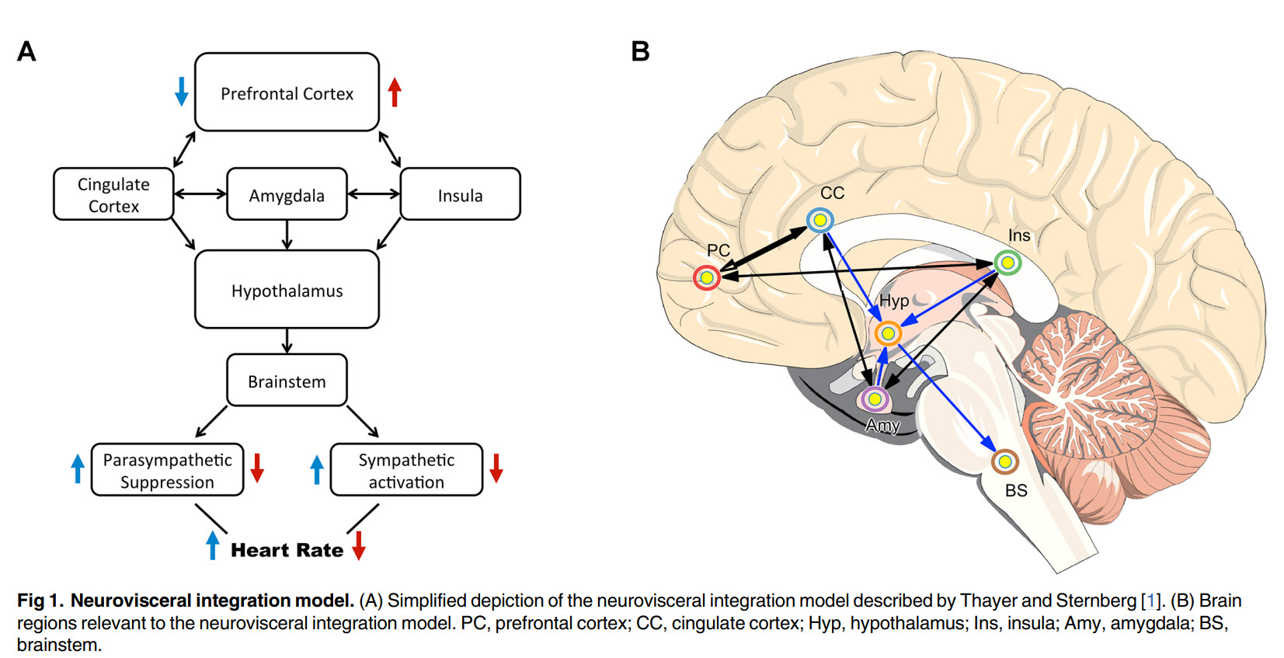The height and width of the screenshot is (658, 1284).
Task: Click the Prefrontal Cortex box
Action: point(287,92)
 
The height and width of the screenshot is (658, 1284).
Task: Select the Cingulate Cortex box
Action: point(113,194)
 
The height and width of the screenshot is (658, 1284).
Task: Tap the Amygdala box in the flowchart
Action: point(287,194)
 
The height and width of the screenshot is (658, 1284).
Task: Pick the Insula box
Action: point(460,194)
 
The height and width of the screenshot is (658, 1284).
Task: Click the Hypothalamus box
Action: point(287,290)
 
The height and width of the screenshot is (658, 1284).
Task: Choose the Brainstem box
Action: point(287,381)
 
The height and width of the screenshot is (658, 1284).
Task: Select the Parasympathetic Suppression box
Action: point(167,470)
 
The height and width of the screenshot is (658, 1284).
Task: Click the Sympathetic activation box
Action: point(406,470)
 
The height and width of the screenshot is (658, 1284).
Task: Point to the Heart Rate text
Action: point(287,550)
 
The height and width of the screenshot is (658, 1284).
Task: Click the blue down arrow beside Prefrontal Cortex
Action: point(181,91)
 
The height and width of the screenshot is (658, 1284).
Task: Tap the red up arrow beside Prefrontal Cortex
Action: point(395,92)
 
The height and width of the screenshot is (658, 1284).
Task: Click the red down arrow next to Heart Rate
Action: point(358,545)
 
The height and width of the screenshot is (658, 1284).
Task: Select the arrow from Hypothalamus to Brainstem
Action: point(287,340)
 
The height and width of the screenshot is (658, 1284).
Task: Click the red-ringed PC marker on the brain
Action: point(707,277)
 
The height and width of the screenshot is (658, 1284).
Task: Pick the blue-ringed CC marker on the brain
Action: point(819,220)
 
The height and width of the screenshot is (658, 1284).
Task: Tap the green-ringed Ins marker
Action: point(1007,263)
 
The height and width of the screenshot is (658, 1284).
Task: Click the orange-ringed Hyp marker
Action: point(887,333)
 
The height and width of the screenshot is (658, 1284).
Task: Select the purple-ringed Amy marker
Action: point(875,399)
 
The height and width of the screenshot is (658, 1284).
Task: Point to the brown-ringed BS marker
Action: point(1004,462)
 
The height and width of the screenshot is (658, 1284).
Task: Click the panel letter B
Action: point(640,51)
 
